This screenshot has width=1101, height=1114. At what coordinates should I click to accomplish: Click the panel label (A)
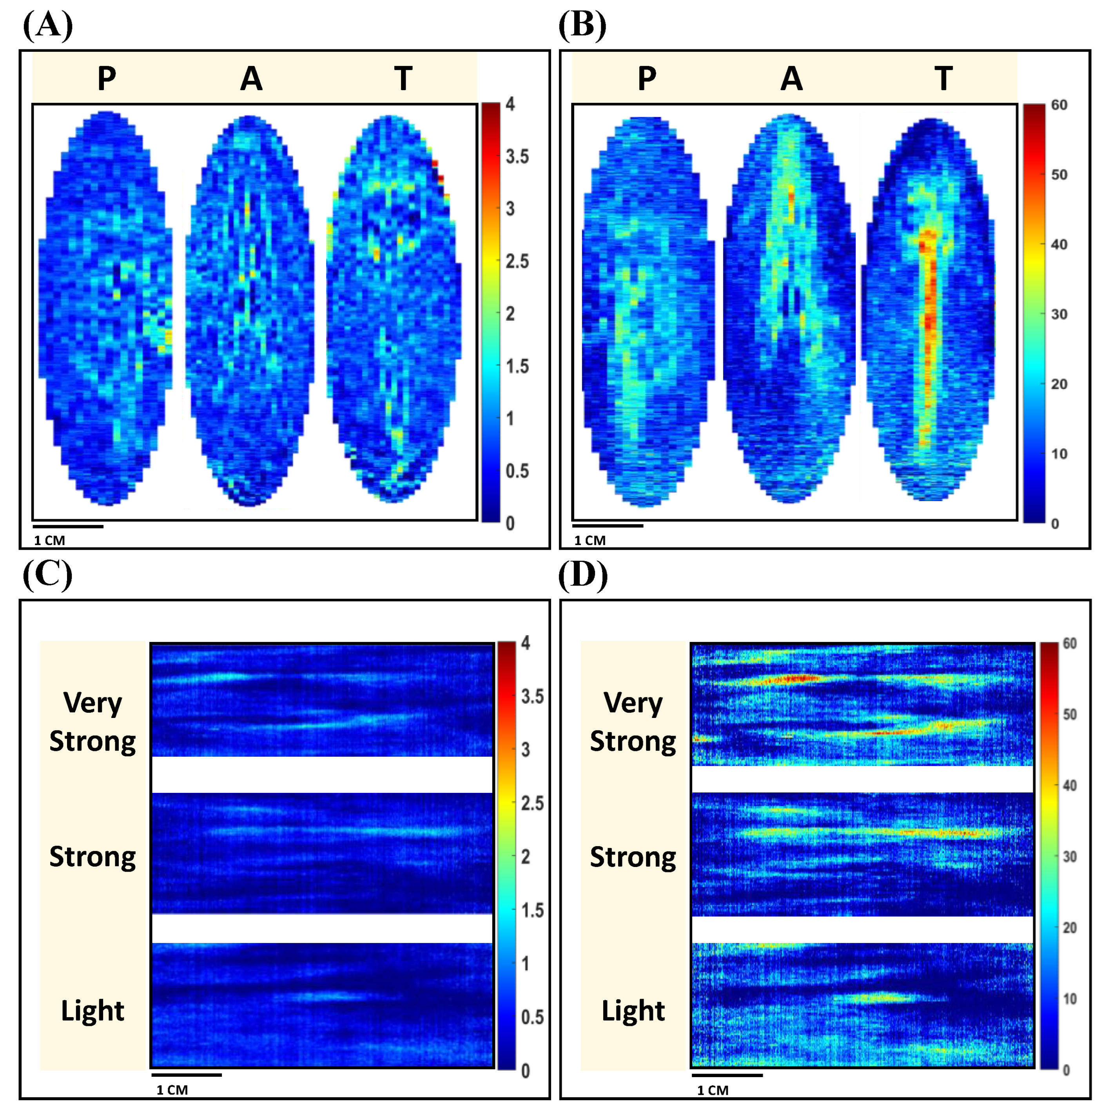(x=48, y=25)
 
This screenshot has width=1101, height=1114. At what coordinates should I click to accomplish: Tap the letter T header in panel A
(x=403, y=78)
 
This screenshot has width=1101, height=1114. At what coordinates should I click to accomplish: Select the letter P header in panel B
(x=647, y=78)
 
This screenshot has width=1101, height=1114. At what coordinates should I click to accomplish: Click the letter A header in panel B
(x=791, y=78)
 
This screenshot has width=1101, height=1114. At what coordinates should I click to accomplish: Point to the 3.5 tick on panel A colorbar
(x=517, y=157)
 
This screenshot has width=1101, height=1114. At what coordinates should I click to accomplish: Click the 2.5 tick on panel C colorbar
(x=531, y=803)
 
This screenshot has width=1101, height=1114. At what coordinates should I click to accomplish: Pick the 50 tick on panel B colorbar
(x=1059, y=175)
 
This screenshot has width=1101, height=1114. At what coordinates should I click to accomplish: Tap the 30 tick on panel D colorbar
(x=1069, y=857)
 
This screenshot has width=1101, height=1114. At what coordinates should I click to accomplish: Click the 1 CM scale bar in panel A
(x=68, y=526)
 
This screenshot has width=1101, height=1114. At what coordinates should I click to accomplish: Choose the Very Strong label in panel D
(x=633, y=722)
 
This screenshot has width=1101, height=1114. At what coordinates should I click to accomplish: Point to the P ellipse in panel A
(x=105, y=309)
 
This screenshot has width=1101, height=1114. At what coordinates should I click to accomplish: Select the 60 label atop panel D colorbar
(x=1069, y=643)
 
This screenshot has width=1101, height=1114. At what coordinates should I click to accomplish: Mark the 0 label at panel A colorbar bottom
(x=510, y=523)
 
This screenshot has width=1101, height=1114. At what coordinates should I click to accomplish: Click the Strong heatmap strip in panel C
(x=322, y=853)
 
